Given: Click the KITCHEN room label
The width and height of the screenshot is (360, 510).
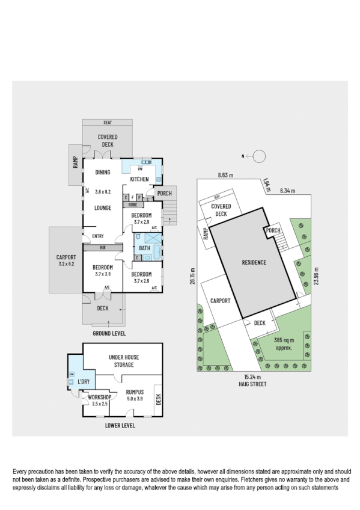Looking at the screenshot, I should [x=139, y=179].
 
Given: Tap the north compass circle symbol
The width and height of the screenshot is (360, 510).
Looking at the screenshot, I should [x=259, y=156].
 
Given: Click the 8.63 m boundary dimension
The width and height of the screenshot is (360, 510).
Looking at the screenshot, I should [x=225, y=176].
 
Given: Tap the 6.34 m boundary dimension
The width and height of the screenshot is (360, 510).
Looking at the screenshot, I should [x=288, y=191].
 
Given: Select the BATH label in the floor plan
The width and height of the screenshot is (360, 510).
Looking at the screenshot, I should [x=145, y=248].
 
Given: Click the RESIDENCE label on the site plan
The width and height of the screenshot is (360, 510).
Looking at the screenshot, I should [x=254, y=263].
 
